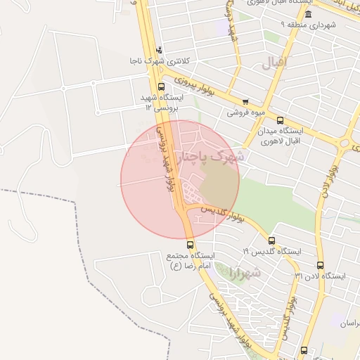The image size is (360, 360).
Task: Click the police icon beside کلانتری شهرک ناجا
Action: point(159,50)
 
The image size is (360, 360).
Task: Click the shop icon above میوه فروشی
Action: point(245,101)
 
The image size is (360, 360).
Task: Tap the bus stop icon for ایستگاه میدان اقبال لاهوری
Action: point(281,121)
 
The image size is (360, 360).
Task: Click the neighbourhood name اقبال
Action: point(275,62)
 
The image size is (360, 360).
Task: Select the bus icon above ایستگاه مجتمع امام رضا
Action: point(189,245)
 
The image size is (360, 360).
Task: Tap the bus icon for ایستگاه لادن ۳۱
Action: point(321,266)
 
